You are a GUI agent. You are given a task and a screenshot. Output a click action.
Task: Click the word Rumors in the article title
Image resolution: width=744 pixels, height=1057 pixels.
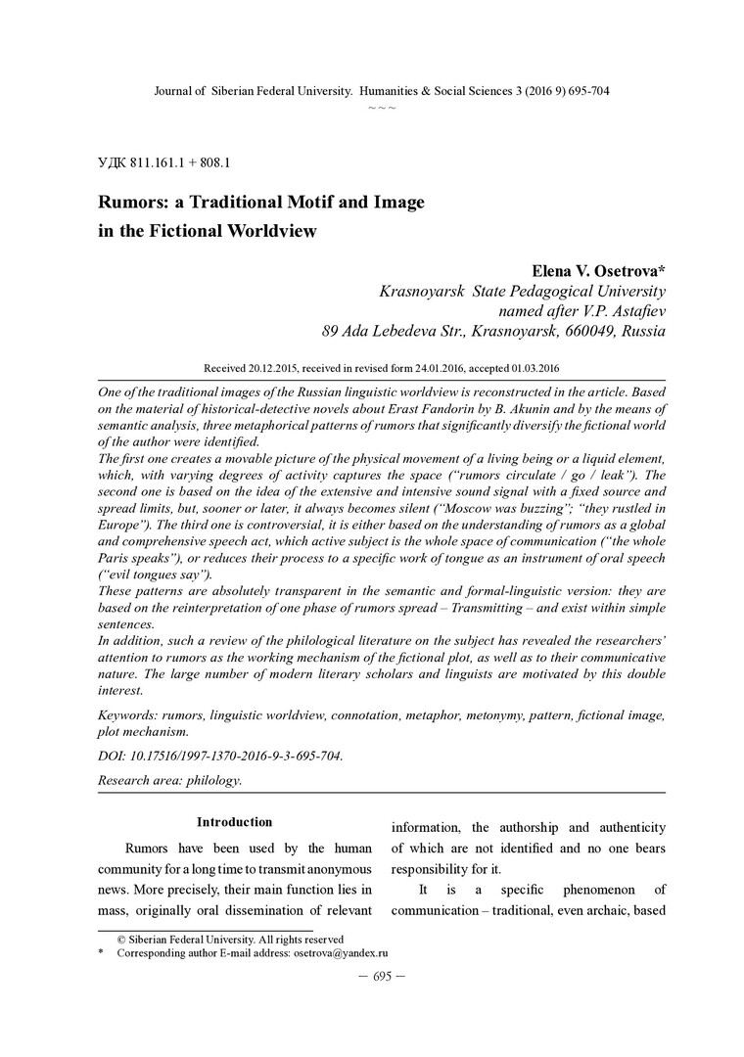point(131,203)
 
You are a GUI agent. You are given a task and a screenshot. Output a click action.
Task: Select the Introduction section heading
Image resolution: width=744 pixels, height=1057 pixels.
point(234,822)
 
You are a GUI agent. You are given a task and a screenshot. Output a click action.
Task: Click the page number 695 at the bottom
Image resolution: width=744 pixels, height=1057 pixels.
point(372,976)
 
